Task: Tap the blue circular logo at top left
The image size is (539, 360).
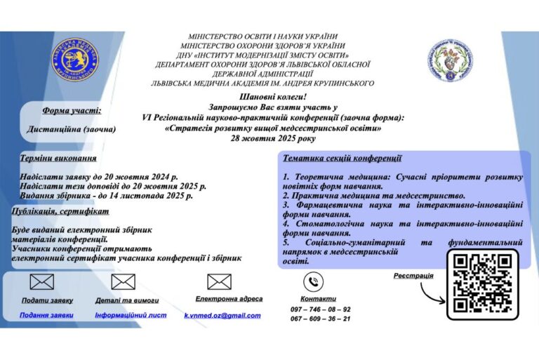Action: pos(74,60)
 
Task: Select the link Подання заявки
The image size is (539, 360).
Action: pos(46,315)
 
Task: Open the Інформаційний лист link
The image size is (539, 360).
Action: pos(131,315)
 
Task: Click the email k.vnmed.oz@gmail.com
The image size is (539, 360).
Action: pos(222,316)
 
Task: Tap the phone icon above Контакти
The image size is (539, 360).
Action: pos(313,281)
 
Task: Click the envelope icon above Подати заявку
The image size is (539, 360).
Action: pos(42,281)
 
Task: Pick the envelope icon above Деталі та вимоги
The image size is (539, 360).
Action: pos(124,281)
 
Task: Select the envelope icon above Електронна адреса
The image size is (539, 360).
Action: pos(219,281)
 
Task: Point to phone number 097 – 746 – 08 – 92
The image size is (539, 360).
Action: pos(321,309)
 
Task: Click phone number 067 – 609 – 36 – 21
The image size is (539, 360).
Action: pos(321,319)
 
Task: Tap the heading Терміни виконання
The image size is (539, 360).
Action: pos(58,158)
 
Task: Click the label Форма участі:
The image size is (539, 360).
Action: pos(72,110)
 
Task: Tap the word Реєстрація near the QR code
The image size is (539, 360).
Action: pos(413,275)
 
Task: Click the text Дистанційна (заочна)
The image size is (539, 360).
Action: pos(72,129)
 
